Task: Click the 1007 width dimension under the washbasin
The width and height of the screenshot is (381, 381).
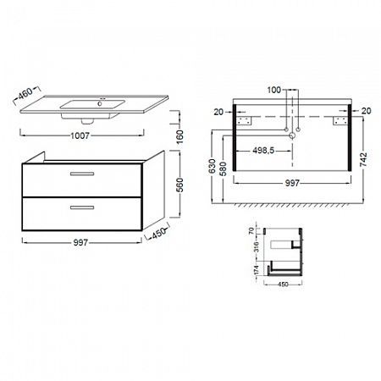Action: click(x=80, y=135)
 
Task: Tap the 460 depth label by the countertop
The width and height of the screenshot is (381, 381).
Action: click(x=25, y=93)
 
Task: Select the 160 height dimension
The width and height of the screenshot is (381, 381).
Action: click(x=179, y=137)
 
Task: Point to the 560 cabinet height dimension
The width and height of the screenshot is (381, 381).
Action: click(x=179, y=185)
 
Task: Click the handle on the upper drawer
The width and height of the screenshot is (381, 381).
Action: click(x=82, y=174)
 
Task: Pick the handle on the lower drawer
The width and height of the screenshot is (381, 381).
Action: click(x=82, y=207)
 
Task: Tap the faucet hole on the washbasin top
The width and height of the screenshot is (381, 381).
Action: click(x=100, y=104)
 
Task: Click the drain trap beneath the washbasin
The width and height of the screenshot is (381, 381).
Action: click(x=87, y=121)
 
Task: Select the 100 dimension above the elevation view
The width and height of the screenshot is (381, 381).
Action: click(x=274, y=90)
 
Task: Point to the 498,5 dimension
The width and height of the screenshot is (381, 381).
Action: click(x=263, y=151)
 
